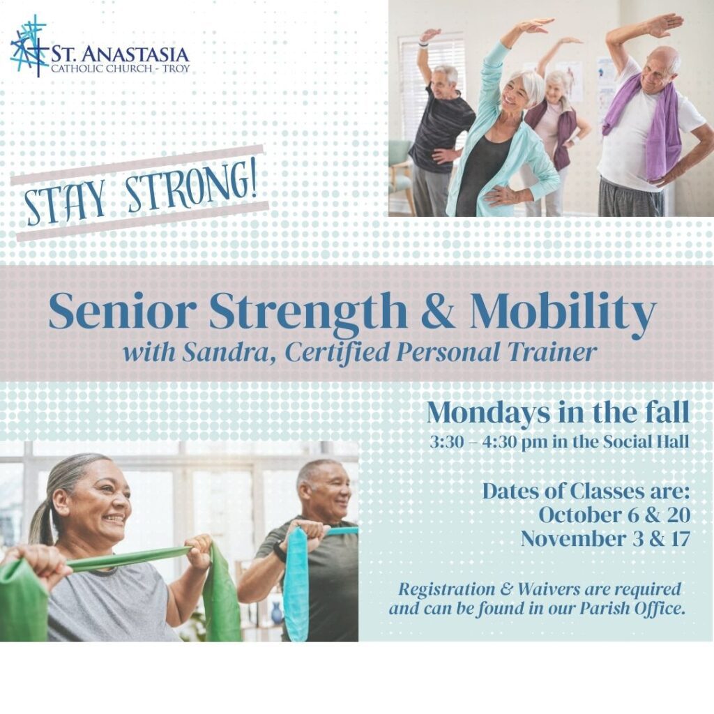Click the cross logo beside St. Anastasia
point(29,45)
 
